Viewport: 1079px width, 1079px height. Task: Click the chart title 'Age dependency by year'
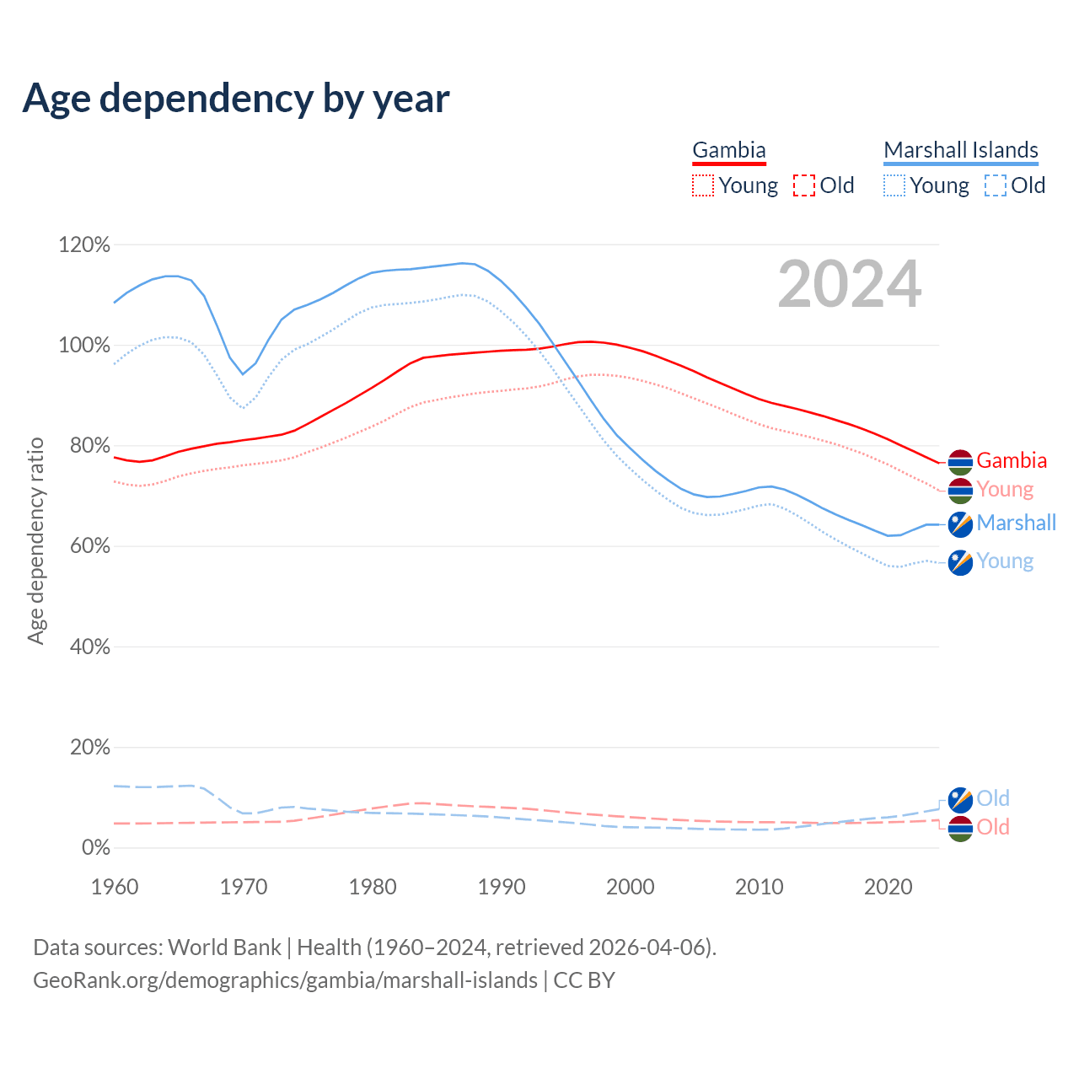pyautogui.click(x=236, y=99)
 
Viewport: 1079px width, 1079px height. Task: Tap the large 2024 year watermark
pyautogui.click(x=849, y=284)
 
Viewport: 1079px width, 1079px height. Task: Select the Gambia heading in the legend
pyautogui.click(x=729, y=150)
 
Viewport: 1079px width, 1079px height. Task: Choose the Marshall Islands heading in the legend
pyautogui.click(x=961, y=150)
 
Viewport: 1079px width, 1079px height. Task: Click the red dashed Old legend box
pyautogui.click(x=804, y=185)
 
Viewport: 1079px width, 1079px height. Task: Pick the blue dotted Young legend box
pyautogui.click(x=894, y=185)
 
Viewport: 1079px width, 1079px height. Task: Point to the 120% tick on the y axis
pyautogui.click(x=84, y=245)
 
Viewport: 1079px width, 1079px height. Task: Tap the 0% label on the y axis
pyautogui.click(x=95, y=847)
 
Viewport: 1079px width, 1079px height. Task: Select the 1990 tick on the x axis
pyautogui.click(x=502, y=887)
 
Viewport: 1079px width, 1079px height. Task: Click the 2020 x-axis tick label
pyautogui.click(x=888, y=887)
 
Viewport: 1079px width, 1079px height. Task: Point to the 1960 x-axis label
pyautogui.click(x=115, y=887)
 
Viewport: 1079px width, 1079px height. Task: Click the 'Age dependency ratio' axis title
pyautogui.click(x=35, y=540)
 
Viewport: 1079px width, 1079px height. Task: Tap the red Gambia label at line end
pyautogui.click(x=1012, y=461)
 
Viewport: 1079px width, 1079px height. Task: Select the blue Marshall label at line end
pyautogui.click(x=1017, y=523)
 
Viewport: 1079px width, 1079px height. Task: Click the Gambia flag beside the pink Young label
pyautogui.click(x=960, y=491)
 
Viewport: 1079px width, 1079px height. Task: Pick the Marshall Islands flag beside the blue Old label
pyautogui.click(x=960, y=799)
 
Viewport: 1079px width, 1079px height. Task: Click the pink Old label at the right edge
pyautogui.click(x=993, y=827)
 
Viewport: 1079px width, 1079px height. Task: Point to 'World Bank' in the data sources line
pyautogui.click(x=224, y=947)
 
